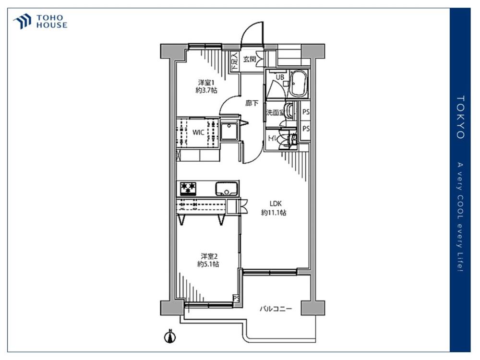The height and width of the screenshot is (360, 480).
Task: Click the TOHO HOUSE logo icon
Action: (x=22, y=21)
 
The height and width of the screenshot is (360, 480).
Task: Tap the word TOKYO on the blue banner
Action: (x=460, y=117)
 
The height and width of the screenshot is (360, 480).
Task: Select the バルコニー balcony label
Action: (x=276, y=309)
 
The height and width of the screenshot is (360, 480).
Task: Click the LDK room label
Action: (x=276, y=203)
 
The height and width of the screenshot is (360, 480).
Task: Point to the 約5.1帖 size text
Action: (x=208, y=264)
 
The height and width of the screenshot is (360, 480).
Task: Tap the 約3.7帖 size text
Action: (x=206, y=90)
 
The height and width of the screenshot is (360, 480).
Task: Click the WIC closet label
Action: (x=198, y=132)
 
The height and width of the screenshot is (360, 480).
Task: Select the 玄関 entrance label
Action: (x=250, y=59)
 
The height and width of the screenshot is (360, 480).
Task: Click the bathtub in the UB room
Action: (x=298, y=84)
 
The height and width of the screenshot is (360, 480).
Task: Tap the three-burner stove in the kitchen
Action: (x=188, y=189)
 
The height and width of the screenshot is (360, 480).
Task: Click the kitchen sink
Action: (x=227, y=189)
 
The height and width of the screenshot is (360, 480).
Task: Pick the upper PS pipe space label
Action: (x=306, y=112)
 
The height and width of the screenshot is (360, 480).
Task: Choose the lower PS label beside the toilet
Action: (x=306, y=129)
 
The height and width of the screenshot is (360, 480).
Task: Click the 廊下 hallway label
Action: (x=252, y=103)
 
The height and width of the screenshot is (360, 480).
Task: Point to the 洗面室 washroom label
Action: (x=275, y=112)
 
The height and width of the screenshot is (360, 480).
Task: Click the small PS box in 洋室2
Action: (x=236, y=298)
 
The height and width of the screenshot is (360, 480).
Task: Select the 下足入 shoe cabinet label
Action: (x=235, y=61)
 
